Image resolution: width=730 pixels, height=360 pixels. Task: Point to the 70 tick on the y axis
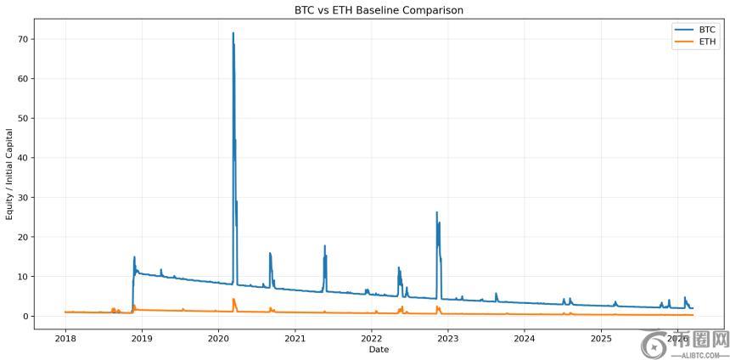coord(25,39)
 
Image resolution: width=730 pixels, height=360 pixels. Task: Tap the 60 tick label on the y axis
coord(25,79)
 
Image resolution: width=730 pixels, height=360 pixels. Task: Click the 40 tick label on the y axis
coord(25,158)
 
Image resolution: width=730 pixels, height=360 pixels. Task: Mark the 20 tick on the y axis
coord(25,237)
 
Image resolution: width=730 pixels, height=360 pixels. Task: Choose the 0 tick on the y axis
coord(27,316)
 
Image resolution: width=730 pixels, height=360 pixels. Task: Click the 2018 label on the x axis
coord(65,338)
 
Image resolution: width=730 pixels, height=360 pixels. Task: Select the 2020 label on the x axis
coord(218,338)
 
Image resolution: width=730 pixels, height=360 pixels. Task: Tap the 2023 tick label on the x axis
coord(448,338)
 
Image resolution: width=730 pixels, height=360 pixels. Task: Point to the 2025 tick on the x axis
coord(601,338)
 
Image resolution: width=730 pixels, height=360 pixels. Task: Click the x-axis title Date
coord(379,349)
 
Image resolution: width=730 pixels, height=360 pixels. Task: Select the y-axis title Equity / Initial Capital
coord(10,174)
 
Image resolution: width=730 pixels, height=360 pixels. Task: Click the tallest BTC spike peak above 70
coord(233,33)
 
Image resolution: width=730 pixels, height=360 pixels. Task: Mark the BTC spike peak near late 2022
coord(437,212)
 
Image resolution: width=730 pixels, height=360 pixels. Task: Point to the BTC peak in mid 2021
coord(325,246)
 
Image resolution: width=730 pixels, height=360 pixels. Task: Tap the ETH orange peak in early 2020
coord(233,299)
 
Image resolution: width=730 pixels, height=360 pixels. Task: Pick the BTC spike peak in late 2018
coord(134,257)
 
